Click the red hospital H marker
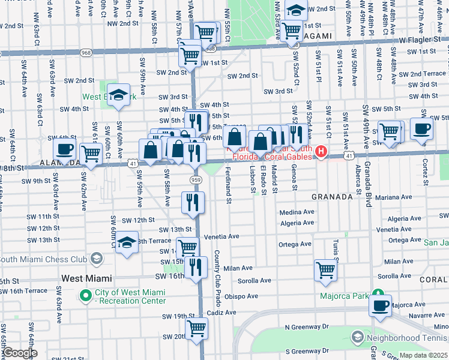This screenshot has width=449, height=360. click(322, 152)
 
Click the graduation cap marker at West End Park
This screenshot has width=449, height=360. click(119, 95)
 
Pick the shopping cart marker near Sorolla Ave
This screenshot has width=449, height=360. click(325, 270)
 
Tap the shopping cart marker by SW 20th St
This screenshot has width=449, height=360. click(196, 329)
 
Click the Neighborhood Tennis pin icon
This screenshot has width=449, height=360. click(358, 337)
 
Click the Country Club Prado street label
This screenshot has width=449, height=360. click(217, 277)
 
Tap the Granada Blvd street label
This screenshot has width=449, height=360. click(366, 130)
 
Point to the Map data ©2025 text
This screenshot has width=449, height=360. click(423, 355)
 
